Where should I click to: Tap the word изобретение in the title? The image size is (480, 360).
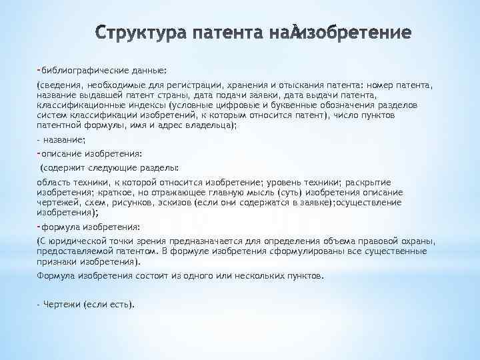click(x=357, y=33)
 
